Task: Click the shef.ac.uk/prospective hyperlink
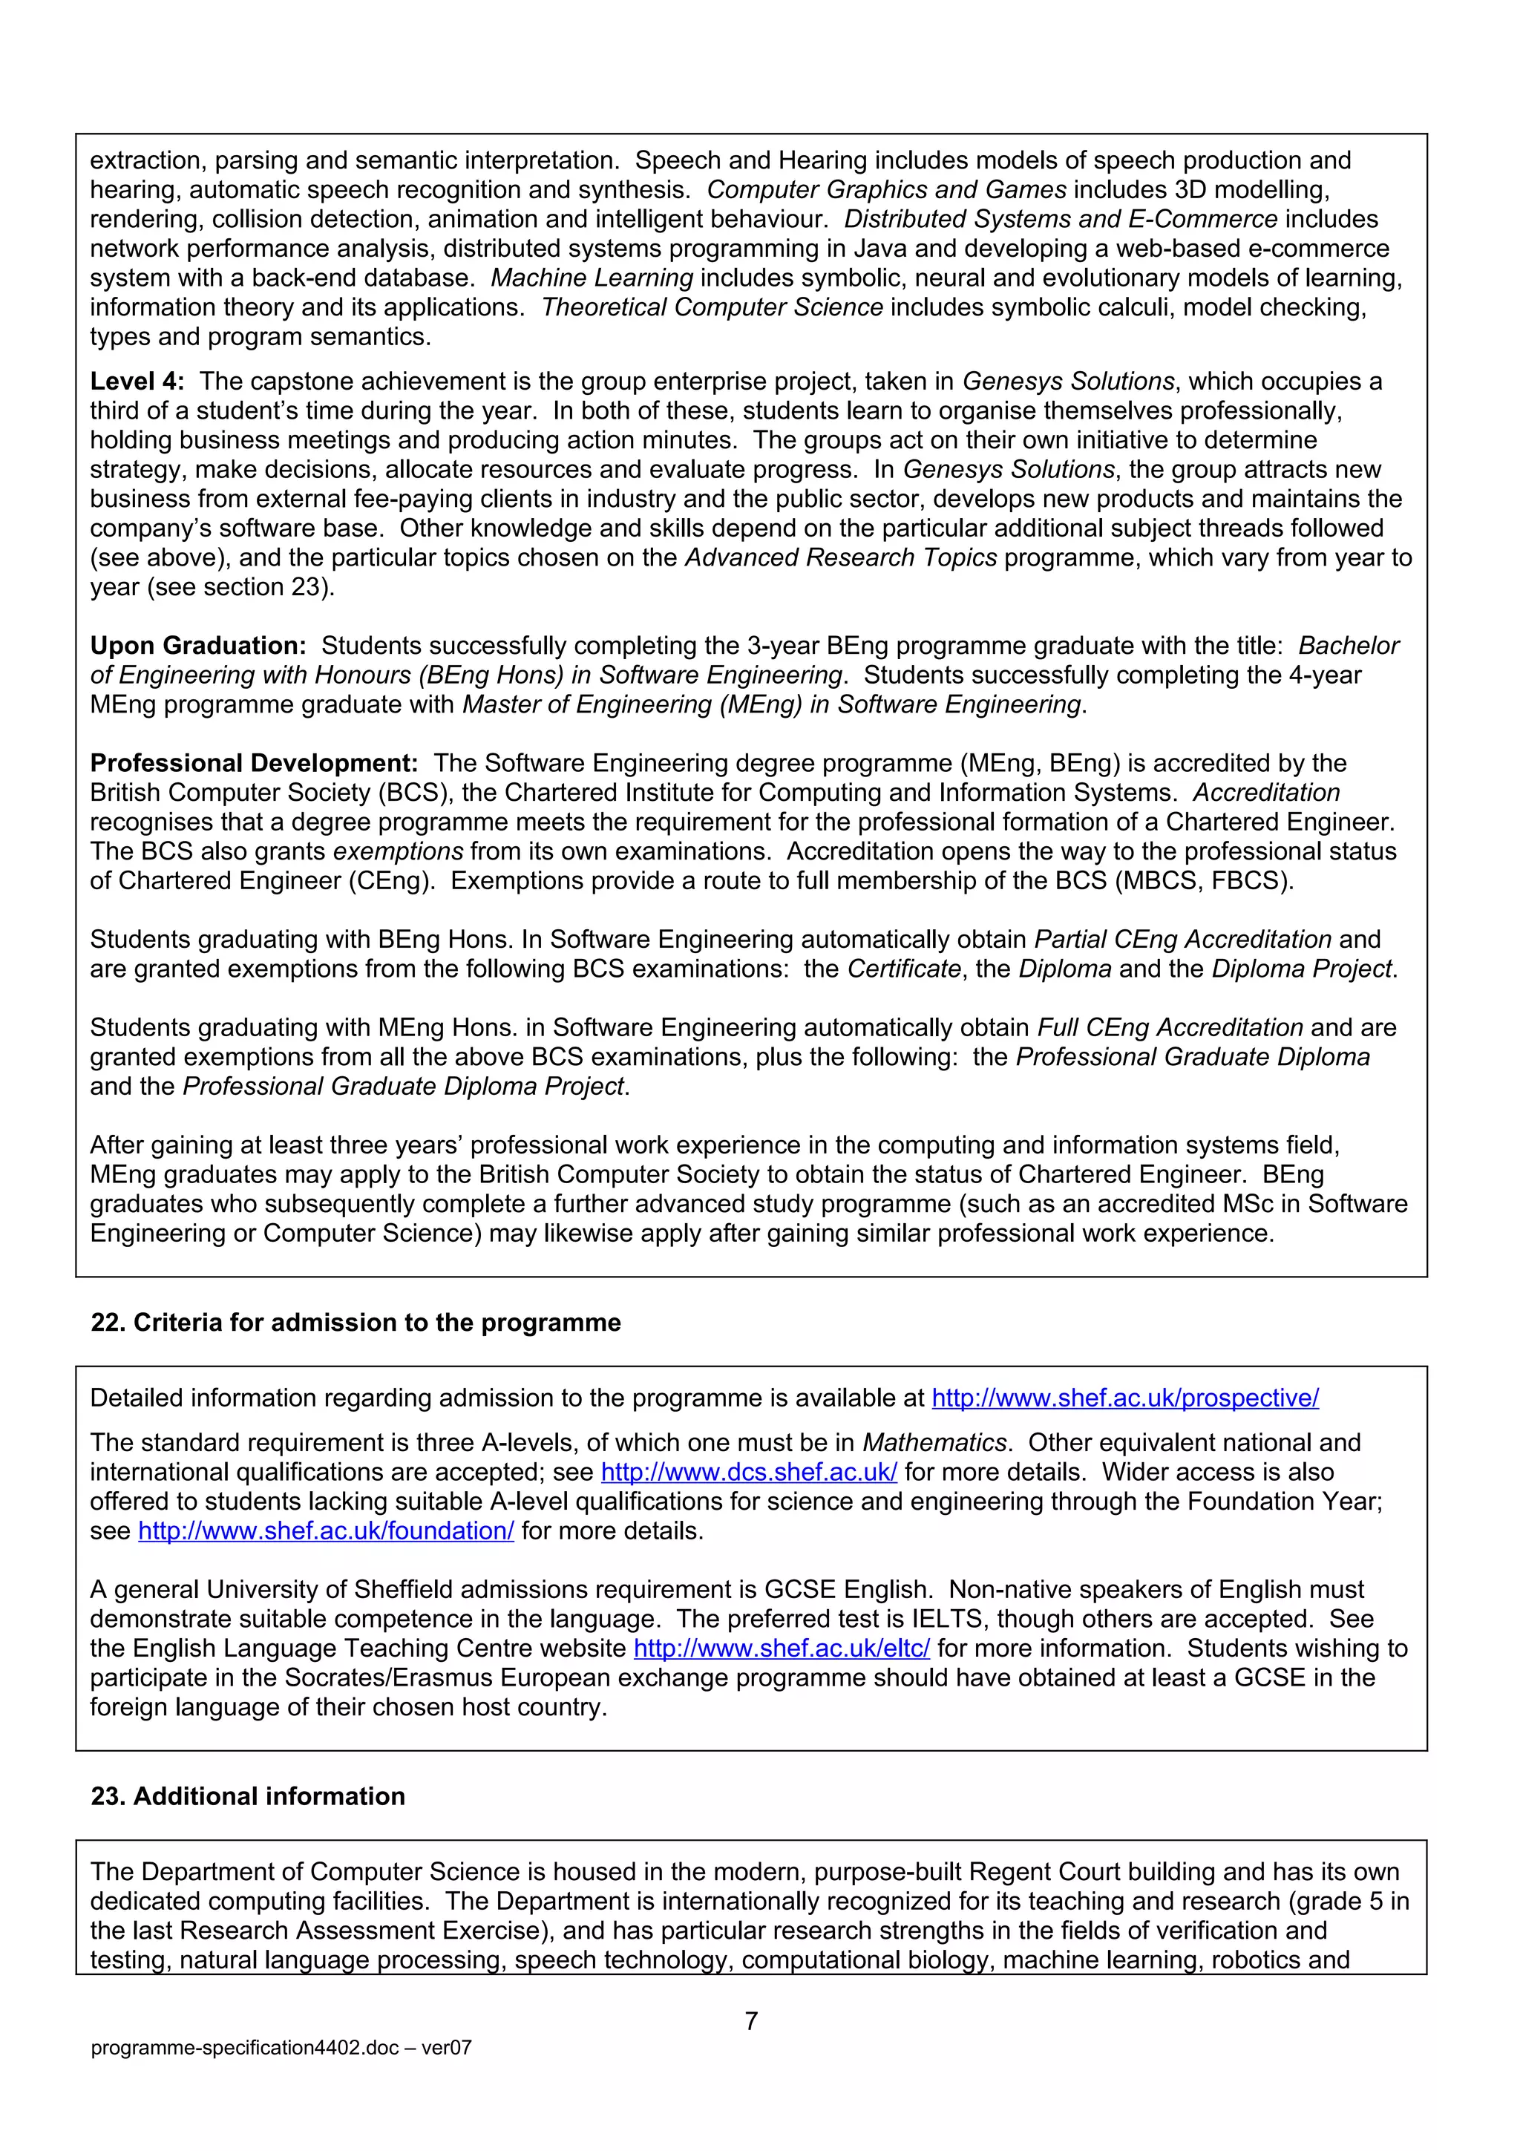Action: coord(1124,1398)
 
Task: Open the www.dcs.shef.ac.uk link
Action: coord(748,1472)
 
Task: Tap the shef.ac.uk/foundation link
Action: coord(326,1530)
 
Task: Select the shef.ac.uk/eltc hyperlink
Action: coord(782,1648)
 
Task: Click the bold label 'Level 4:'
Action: coord(137,382)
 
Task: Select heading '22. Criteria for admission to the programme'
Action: coord(356,1322)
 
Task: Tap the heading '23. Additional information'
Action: coord(248,1796)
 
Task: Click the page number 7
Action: coord(751,2021)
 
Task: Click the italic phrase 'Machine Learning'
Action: coord(592,278)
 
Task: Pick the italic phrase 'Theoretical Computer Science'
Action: coord(712,307)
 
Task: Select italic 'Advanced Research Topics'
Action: coord(841,557)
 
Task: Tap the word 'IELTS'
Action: coord(948,1619)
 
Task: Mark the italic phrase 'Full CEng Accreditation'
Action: coord(1170,1028)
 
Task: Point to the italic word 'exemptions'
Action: coord(398,851)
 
